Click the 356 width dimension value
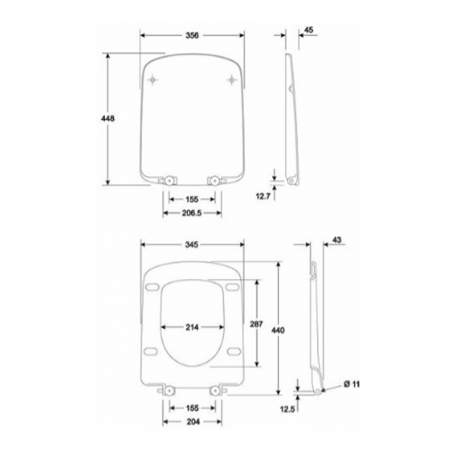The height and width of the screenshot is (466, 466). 192,36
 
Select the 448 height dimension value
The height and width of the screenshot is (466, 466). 108,119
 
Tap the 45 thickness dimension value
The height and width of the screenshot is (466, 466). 309,30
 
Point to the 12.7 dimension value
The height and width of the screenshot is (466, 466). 263,196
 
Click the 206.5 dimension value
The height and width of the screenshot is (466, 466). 192,213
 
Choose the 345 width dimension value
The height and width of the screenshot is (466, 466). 192,245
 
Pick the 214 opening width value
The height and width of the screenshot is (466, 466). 192,327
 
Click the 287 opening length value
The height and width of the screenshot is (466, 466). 256,324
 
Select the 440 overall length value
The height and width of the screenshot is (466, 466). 278,330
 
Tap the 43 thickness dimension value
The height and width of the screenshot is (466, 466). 337,240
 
